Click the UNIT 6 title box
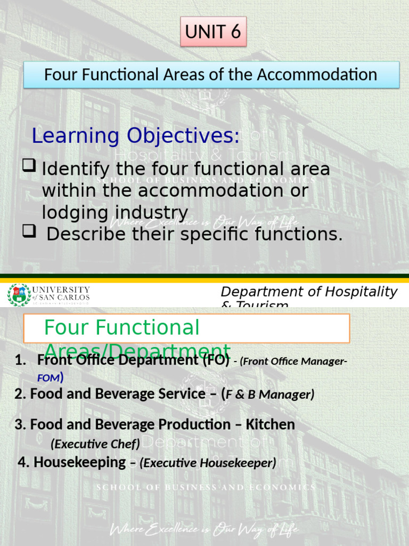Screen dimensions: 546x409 pos(212,32)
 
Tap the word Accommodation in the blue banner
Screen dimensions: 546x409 pos(317,75)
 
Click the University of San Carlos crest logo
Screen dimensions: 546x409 pos(19,295)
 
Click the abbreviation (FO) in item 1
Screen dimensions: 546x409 pos(216,360)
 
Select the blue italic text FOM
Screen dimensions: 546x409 pos(47,379)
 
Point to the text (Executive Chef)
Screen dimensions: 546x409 pos(96,443)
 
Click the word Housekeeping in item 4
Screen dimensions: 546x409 pos(79,462)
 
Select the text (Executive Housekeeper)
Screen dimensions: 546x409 pos(208,463)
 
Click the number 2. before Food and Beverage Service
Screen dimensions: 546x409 pos(20,394)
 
